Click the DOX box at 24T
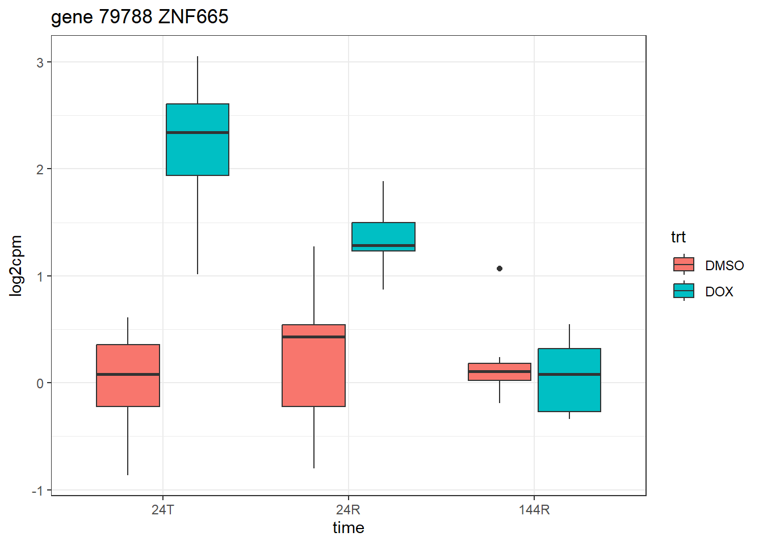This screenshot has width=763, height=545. click(198, 153)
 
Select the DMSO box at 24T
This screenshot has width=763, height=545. click(128, 392)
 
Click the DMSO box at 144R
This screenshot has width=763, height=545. click(500, 376)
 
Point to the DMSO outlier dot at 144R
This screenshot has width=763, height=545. click(500, 269)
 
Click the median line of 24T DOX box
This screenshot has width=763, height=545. click(198, 132)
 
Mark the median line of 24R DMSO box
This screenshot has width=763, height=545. click(313, 337)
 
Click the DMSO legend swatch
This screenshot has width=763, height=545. click(684, 265)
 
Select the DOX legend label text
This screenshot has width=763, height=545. click(719, 292)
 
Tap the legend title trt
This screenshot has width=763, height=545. click(678, 237)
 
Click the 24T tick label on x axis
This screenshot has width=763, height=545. click(163, 509)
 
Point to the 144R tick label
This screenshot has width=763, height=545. click(534, 509)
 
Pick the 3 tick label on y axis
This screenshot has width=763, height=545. click(40, 62)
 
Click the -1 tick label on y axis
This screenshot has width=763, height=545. click(37, 491)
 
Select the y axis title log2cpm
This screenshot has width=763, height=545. click(16, 266)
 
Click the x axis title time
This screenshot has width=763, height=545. click(348, 528)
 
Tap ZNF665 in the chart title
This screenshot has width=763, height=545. click(193, 17)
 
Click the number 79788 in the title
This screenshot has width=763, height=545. click(125, 17)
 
